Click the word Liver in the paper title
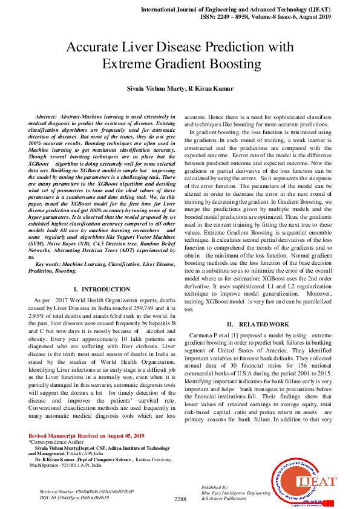point(144,47)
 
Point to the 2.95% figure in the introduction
point(39,315)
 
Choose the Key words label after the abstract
point(50,265)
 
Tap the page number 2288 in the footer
point(180,499)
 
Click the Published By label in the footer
point(214,487)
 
